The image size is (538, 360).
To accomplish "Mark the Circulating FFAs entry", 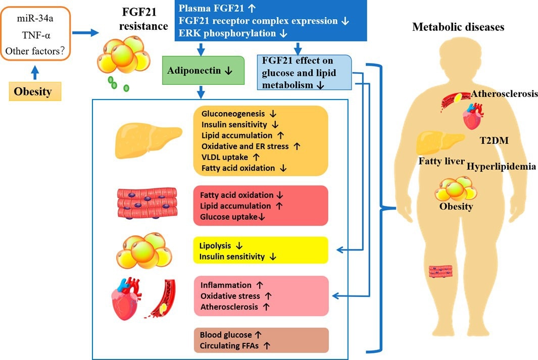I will [x=230, y=345].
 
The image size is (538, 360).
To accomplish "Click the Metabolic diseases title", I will [x=458, y=27].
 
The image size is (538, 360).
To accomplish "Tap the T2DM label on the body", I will [x=493, y=141].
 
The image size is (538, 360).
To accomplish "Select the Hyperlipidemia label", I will [x=501, y=166].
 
